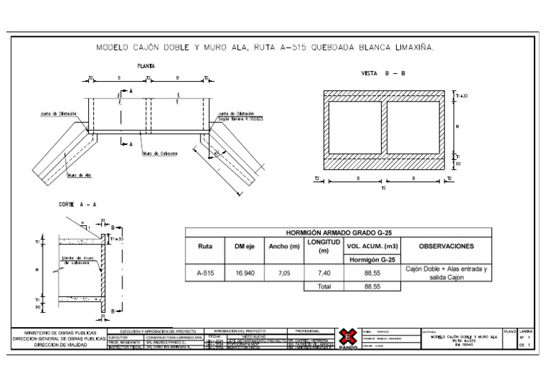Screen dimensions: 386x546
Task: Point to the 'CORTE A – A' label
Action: coord(77,204)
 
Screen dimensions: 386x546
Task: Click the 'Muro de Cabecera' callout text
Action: coord(160,152)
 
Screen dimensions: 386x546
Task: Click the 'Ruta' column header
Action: coord(203,247)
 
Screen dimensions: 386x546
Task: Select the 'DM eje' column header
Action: coord(244,247)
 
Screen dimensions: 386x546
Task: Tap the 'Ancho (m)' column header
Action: coord(284,247)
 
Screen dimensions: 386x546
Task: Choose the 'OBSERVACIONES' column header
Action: coord(446,247)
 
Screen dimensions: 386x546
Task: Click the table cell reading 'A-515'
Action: coord(203,272)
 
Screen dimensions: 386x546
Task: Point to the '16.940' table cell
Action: coord(244,272)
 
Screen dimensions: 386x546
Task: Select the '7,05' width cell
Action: coord(284,272)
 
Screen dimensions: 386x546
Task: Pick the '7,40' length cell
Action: coord(323,272)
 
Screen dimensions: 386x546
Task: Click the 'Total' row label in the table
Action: coord(323,286)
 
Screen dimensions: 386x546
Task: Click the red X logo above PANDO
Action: coord(346,336)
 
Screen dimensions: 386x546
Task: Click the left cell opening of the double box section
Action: coord(354,127)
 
